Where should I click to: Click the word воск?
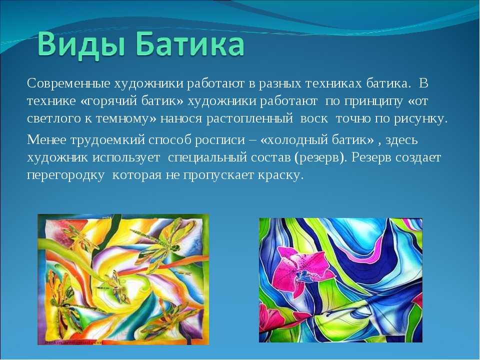[x=314, y=119]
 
